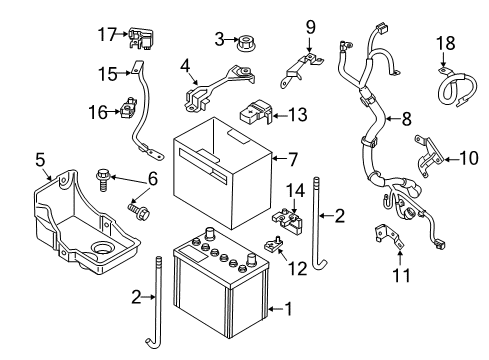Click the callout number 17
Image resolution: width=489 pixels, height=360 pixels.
(x=107, y=35)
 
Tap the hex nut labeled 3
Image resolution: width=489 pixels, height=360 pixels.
(x=245, y=44)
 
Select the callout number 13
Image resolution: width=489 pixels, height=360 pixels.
(x=297, y=115)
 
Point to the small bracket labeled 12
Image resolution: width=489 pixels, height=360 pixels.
(x=274, y=245)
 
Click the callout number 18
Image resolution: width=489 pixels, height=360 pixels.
(x=446, y=43)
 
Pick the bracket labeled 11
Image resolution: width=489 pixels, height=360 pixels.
(x=389, y=238)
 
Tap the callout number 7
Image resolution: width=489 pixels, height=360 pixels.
(x=292, y=159)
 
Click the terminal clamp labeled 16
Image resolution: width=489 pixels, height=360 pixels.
(x=128, y=107)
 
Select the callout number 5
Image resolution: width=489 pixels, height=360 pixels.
(x=40, y=159)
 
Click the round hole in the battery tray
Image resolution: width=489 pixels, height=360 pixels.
(x=101, y=248)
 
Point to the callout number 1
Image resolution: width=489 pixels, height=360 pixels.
(x=288, y=309)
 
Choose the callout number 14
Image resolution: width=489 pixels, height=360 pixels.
(x=296, y=191)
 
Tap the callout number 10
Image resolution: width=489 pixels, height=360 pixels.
(x=469, y=158)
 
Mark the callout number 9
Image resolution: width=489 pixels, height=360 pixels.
(x=310, y=27)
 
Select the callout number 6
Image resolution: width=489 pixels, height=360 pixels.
(x=153, y=179)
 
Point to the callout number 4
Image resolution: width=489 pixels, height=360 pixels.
(x=185, y=66)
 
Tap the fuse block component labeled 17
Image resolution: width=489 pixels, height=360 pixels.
(x=141, y=39)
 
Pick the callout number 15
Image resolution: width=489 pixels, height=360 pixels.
(x=108, y=74)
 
